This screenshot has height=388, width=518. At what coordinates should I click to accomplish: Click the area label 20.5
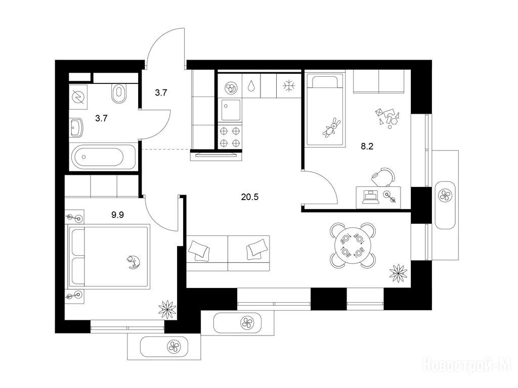250,198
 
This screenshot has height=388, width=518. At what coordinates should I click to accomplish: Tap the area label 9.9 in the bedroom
117,215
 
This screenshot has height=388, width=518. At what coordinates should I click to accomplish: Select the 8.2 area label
367,147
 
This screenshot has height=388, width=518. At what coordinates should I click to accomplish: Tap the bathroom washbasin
77,127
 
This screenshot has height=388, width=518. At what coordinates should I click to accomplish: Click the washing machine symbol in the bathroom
78,97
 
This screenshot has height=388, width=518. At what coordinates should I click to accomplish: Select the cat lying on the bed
134,262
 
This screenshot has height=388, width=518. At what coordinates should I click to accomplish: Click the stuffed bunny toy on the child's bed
332,127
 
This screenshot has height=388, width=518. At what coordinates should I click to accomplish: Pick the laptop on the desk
371,197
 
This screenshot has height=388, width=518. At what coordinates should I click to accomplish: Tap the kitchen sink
231,110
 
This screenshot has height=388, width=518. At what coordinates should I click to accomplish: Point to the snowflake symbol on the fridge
288,86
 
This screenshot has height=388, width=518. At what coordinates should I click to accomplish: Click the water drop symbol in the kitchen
251,86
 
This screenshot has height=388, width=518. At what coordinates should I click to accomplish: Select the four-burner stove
230,137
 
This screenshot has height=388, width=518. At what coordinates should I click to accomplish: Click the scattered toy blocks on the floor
387,117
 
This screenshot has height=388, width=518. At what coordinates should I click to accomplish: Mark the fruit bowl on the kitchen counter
230,87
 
